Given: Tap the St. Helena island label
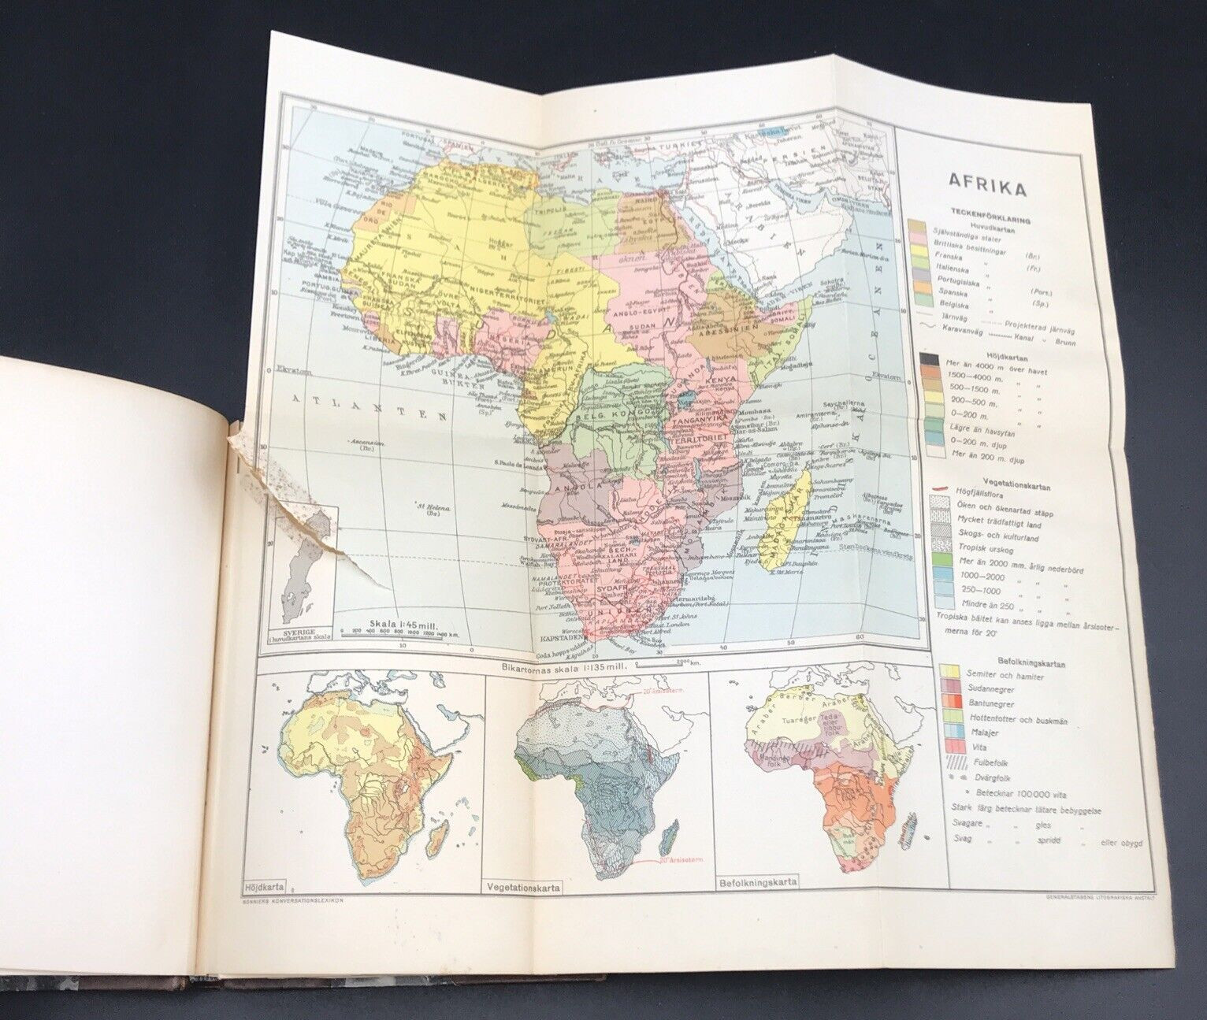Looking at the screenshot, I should (436, 510).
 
